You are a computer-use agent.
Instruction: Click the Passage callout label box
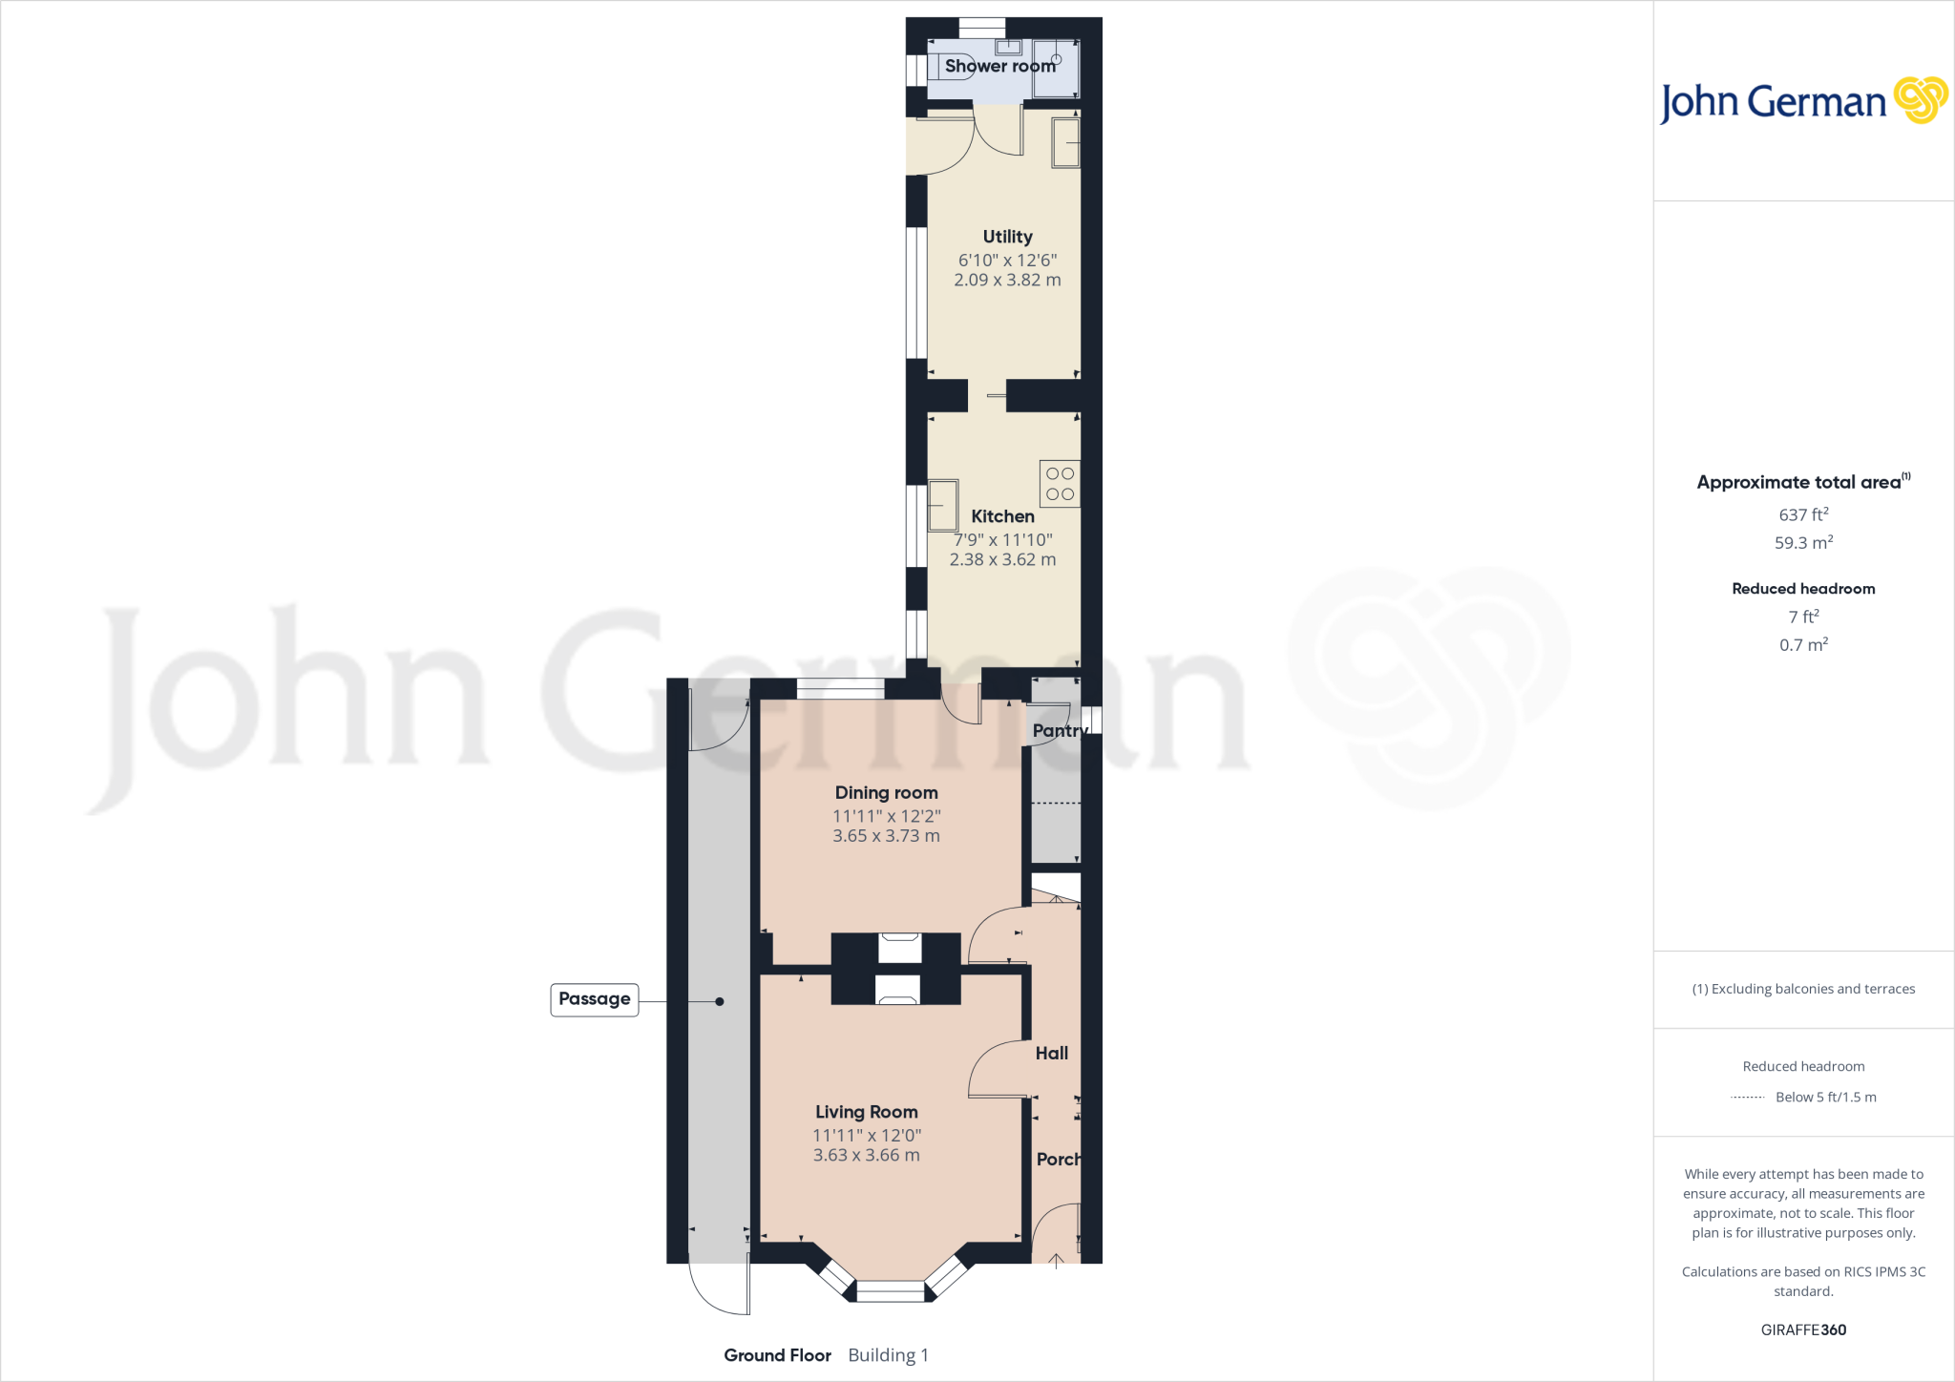pyautogui.click(x=594, y=999)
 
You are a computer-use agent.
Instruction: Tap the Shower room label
pyautogui.click(x=999, y=66)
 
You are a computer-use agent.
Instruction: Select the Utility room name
pyautogui.click(x=1007, y=237)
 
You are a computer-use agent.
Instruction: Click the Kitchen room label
pyautogui.click(x=1002, y=516)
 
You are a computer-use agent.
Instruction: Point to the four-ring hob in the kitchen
pyautogui.click(x=1060, y=484)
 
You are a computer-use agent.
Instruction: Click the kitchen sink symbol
pyautogui.click(x=943, y=505)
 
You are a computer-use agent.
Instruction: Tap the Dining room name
pyautogui.click(x=886, y=792)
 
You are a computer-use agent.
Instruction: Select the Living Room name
pyautogui.click(x=866, y=1112)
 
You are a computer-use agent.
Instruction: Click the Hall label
pyautogui.click(x=1051, y=1054)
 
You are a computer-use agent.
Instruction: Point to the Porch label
pyautogui.click(x=1059, y=1160)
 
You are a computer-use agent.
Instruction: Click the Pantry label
pyautogui.click(x=1060, y=731)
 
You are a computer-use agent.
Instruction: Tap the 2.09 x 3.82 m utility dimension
pyautogui.click(x=1007, y=280)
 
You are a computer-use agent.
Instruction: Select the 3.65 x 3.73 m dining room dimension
pyautogui.click(x=886, y=836)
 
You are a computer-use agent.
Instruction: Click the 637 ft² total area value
pyautogui.click(x=1803, y=514)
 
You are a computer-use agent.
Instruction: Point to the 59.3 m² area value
pyautogui.click(x=1803, y=543)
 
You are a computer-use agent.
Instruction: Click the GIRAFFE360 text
pyautogui.click(x=1803, y=1330)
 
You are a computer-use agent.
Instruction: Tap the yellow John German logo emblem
pyautogui.click(x=1920, y=100)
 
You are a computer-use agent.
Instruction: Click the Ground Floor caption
pyautogui.click(x=777, y=1355)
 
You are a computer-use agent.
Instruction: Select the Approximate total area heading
pyautogui.click(x=1799, y=483)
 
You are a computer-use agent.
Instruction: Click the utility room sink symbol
pyautogui.click(x=1065, y=143)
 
